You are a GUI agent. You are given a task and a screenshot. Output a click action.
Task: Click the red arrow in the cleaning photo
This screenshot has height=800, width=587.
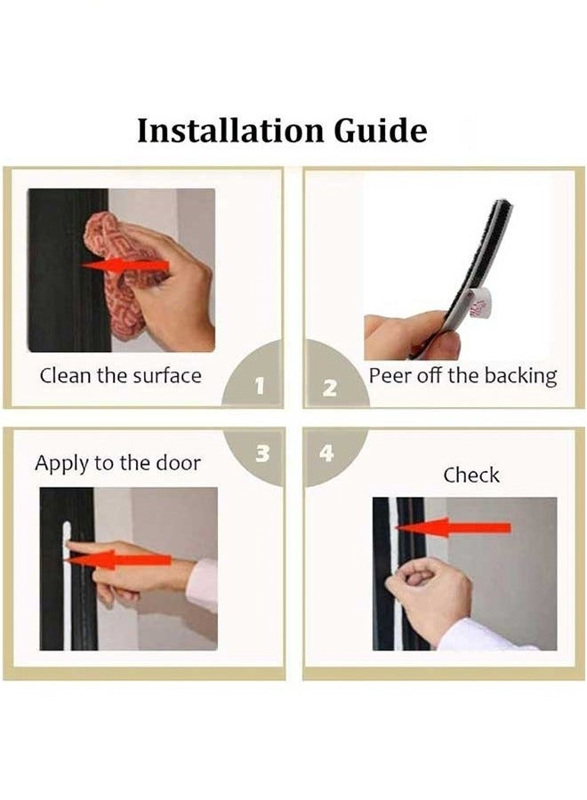point(125,266)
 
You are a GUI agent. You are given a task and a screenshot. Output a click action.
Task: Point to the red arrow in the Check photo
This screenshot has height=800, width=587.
point(454,527)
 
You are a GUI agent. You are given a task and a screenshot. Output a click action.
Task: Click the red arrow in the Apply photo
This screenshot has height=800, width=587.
point(117,560)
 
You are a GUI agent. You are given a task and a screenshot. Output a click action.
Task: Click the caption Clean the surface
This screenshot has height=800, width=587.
point(120,375)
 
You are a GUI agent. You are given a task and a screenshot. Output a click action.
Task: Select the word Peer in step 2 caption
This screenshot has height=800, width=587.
point(390,375)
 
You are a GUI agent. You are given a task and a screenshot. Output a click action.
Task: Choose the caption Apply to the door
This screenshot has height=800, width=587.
point(117,463)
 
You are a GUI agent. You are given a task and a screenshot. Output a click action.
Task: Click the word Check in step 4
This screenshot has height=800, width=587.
point(471,475)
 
